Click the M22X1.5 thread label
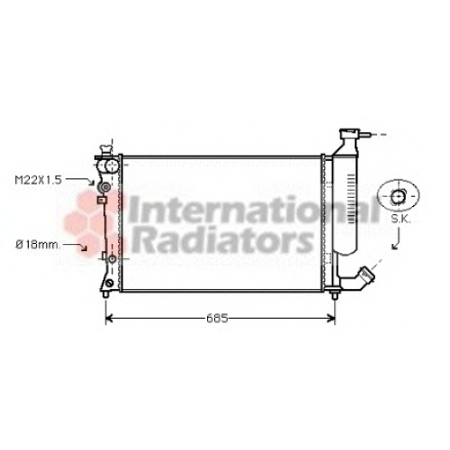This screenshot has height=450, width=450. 39,180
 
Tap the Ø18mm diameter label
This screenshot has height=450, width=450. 38,245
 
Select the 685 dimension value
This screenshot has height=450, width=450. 217,319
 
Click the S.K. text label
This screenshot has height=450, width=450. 400,219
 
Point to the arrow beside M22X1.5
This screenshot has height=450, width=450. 81,179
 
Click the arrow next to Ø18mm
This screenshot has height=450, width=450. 76,246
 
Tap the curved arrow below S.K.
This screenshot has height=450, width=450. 398,238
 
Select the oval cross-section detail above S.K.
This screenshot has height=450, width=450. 398,196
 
